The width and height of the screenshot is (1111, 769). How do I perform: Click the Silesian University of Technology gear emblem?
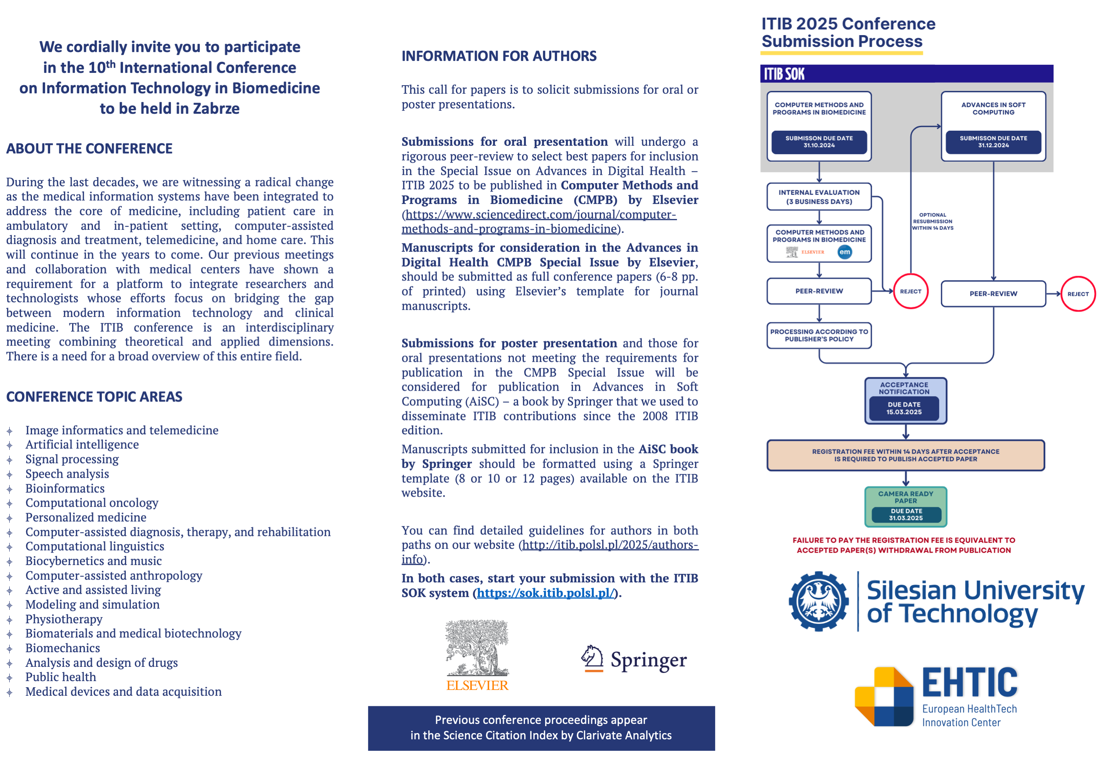819,601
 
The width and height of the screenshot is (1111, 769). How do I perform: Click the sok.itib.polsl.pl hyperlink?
545,593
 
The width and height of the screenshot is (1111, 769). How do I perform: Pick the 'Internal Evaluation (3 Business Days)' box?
819,197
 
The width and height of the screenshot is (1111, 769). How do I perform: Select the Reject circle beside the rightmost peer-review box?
1078,294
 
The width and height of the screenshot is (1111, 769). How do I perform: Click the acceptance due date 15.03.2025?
904,408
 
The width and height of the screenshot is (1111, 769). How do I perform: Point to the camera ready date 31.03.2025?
906,514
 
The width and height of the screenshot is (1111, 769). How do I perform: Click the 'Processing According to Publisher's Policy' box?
819,336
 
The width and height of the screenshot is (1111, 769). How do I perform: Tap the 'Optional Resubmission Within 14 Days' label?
932,222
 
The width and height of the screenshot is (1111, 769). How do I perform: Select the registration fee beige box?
906,455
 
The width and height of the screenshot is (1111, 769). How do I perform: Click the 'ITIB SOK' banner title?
784,74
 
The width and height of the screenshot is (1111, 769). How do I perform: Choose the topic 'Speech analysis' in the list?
67,474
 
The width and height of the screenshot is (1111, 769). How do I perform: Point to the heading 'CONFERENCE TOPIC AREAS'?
94,397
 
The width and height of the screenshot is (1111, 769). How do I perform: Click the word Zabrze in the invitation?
216,109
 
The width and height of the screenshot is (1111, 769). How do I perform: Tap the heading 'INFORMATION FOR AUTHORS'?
499,56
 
